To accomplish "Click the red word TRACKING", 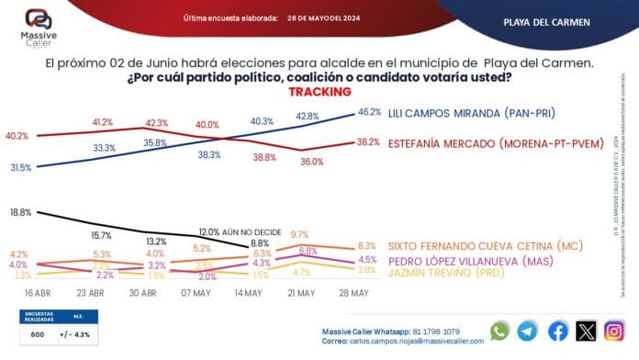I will pos(319,92).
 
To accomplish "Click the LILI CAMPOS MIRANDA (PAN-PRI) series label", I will pos(480,112).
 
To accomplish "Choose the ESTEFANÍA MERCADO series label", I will pos(499,143).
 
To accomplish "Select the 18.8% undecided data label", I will pos(21,212).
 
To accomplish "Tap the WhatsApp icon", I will pos(499,331).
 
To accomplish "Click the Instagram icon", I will pos(616,331).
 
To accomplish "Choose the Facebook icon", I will pos(557,331).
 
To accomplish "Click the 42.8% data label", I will pos(307,116).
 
